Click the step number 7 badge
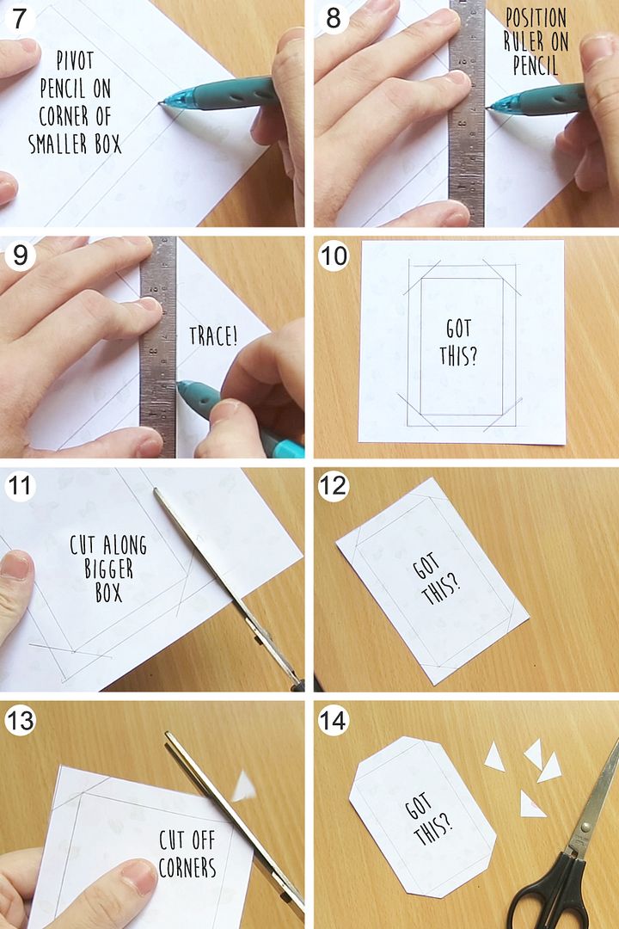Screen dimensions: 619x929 tap(19, 18)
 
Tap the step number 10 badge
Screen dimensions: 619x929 tap(334, 255)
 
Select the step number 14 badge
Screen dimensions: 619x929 tap(333, 721)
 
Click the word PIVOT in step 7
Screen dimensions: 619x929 tap(76, 60)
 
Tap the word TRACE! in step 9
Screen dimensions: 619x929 tap(213, 336)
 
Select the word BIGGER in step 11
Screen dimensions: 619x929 tap(108, 569)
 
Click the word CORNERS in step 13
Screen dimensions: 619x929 tap(187, 867)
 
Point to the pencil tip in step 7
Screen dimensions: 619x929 tap(160, 104)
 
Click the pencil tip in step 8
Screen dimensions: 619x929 tap(488, 108)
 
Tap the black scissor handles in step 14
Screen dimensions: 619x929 tap(551, 895)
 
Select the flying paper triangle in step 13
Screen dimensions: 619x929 tap(244, 785)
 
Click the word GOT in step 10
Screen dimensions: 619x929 tap(458, 329)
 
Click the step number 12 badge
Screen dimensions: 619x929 tap(333, 486)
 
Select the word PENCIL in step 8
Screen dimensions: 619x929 tap(536, 65)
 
